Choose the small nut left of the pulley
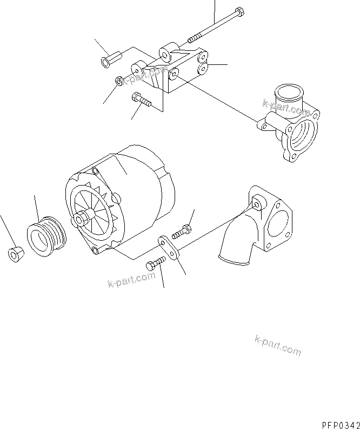(16, 254)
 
